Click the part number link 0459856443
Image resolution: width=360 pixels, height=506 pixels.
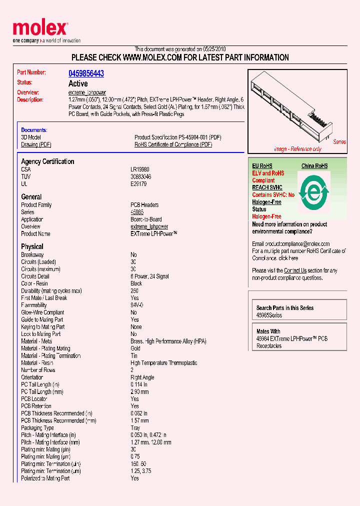tap(86, 73)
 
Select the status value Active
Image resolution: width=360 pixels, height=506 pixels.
tap(78, 83)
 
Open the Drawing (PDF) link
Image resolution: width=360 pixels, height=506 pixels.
tap(36, 144)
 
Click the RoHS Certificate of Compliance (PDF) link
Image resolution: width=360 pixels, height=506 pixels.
tap(173, 144)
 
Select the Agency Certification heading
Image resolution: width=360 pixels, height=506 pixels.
tap(47, 161)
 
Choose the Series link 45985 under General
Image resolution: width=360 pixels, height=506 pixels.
tap(136, 212)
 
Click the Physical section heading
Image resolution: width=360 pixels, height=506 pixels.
tap(32, 246)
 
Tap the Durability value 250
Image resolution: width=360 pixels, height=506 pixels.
tap(134, 290)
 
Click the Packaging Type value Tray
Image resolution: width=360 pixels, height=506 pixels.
tap(135, 428)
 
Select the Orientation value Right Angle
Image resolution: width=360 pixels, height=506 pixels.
tap(142, 377)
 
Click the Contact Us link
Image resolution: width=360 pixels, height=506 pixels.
tap(295, 270)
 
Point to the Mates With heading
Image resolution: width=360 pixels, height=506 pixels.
tap(268, 331)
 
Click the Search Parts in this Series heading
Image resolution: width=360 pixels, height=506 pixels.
tap(285, 308)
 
